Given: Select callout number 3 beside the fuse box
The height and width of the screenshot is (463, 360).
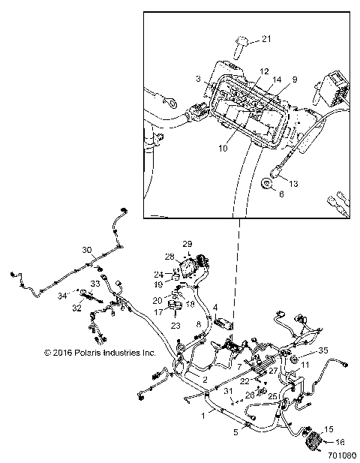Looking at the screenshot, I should [x=198, y=78].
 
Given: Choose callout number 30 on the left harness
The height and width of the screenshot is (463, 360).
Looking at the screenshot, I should [x=87, y=251].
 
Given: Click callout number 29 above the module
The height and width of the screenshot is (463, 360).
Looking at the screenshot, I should [x=187, y=245].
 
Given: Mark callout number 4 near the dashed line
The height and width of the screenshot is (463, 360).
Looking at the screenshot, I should [x=214, y=308].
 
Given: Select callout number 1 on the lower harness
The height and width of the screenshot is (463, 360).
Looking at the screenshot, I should [x=200, y=414].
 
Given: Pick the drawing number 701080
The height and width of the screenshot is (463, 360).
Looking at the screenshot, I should [x=342, y=455].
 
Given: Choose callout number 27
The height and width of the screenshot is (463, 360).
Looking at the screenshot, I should [x=274, y=370].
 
